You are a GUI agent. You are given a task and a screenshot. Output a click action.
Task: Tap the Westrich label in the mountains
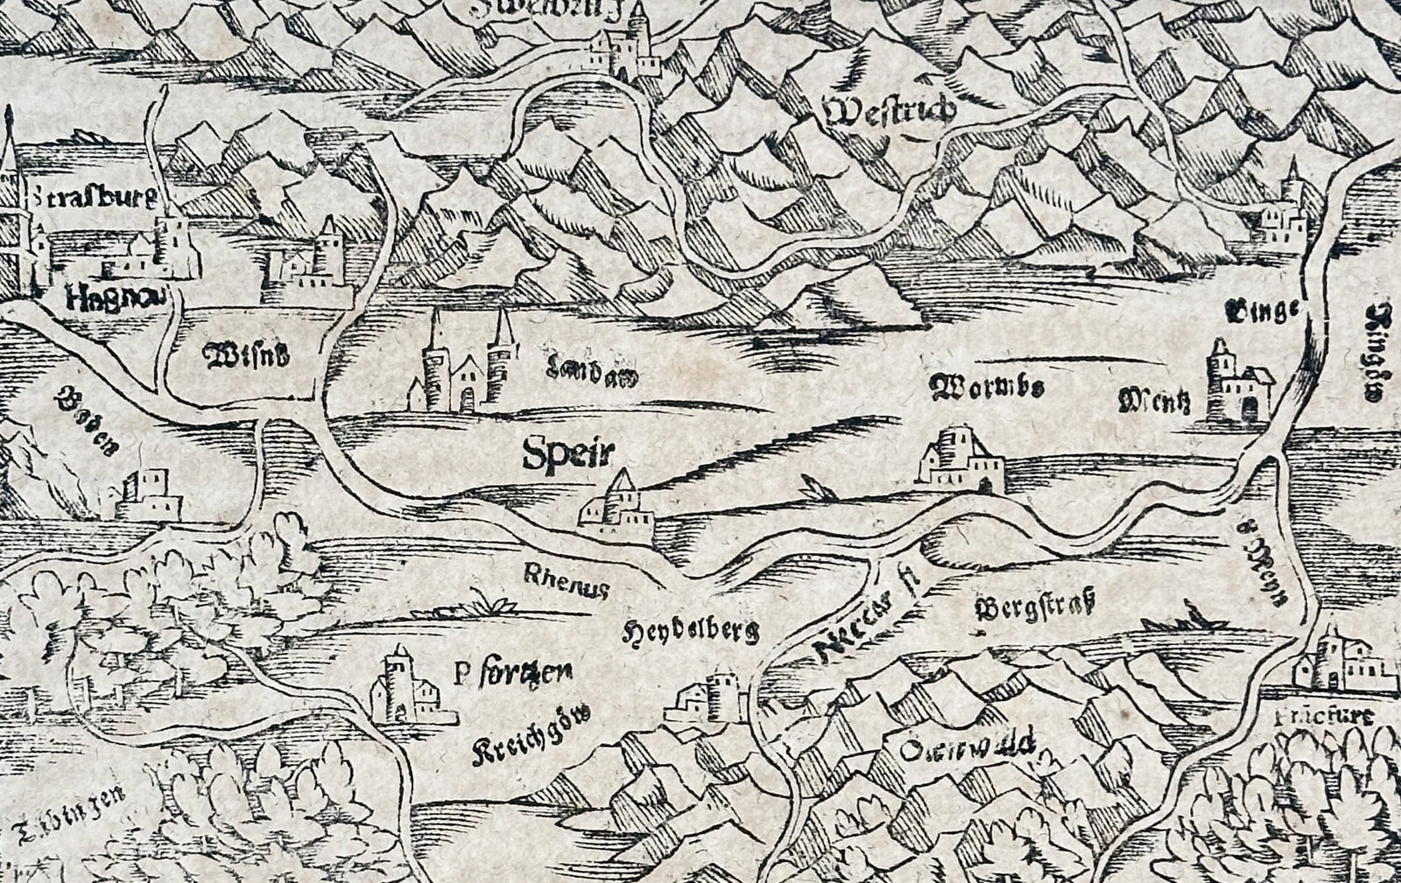[x=890, y=113]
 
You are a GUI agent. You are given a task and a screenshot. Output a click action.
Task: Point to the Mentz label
[x=1154, y=403]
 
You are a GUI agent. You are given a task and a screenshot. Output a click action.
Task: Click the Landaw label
[x=586, y=375]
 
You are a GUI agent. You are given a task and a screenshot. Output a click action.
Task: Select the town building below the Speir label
[x=617, y=506]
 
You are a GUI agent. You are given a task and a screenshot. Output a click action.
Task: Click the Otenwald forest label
[x=972, y=749]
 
